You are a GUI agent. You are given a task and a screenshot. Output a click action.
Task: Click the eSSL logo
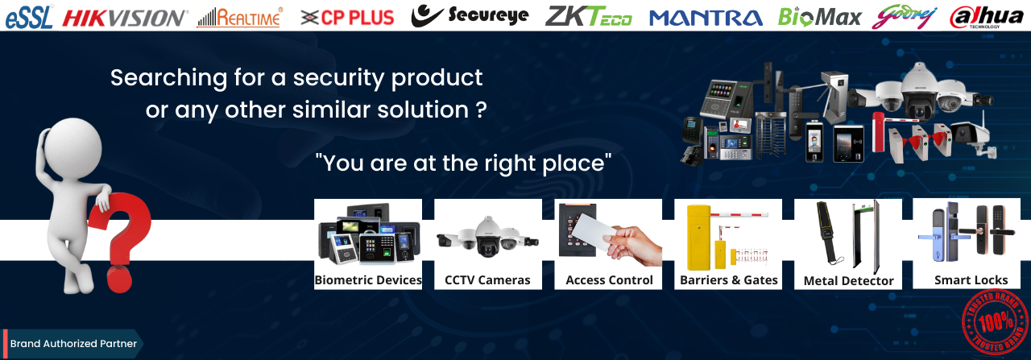[x=28, y=17]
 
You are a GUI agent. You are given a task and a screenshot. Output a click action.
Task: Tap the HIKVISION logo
[x=125, y=19]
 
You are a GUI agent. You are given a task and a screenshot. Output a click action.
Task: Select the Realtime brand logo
[x=240, y=18]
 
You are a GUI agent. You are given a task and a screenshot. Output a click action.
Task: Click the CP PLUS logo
[x=347, y=18]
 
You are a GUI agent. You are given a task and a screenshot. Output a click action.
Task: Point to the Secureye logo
[x=470, y=15]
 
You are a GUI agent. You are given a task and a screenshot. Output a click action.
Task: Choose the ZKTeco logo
[x=588, y=17]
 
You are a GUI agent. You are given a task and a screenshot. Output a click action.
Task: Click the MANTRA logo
[x=706, y=18]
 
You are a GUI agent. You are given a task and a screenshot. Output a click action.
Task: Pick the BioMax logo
[x=819, y=18]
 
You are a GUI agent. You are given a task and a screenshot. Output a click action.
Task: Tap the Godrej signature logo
[x=904, y=18]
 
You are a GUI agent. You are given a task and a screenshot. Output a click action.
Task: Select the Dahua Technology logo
[x=987, y=17]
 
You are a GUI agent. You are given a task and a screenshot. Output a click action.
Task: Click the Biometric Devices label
[x=368, y=280]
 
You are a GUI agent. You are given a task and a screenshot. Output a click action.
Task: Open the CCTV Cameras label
[x=487, y=280]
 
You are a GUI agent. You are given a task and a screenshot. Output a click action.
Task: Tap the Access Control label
[x=609, y=280]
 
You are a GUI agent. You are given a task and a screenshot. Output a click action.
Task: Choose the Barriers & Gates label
[x=729, y=280]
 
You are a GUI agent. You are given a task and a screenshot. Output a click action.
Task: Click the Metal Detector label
[x=848, y=280]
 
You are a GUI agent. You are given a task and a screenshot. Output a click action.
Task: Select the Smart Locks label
[x=971, y=280]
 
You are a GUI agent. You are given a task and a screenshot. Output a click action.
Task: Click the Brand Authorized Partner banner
[x=72, y=343]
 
